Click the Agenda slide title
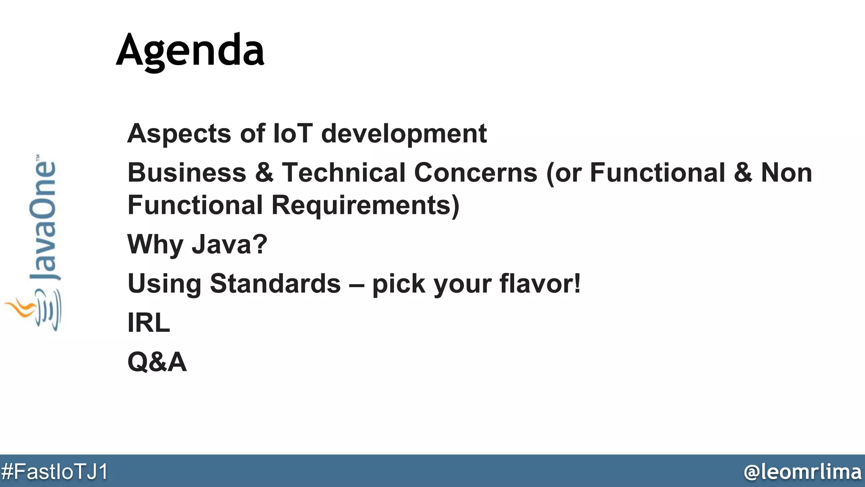tap(190, 51)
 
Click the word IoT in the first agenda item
tap(293, 134)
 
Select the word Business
tap(187, 173)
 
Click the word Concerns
tap(476, 173)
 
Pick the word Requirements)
tap(365, 206)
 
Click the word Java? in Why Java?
tap(229, 244)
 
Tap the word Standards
tap(275, 283)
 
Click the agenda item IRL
tap(149, 323)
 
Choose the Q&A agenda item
tap(157, 362)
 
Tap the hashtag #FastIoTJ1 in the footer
tap(54, 471)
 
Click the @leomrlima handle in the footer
tap(802, 471)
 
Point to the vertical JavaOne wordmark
tap(43, 220)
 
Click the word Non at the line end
tap(786, 173)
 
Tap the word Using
tap(164, 284)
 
